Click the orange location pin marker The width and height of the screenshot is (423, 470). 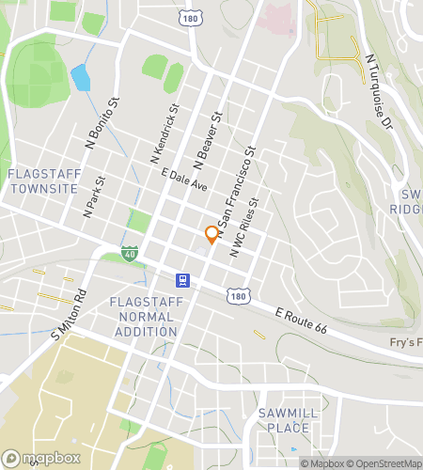click(211, 234)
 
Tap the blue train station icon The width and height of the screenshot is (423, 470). click(182, 280)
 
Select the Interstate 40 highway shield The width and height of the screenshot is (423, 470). click(129, 252)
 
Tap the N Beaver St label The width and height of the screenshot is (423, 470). click(206, 133)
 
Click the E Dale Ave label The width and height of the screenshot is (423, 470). click(184, 180)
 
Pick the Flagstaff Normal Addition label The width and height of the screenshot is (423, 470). click(142, 317)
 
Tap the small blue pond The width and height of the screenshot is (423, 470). click(81, 79)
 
